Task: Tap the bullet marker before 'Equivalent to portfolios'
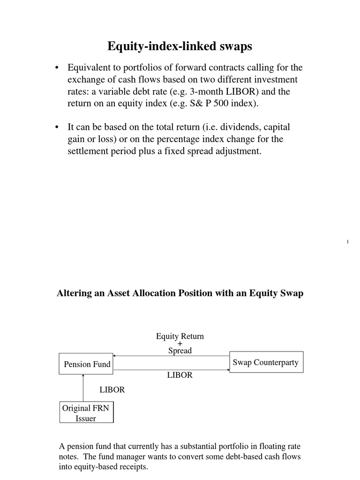click(57, 68)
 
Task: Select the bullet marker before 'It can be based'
click(57, 127)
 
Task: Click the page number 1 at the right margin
click(347, 241)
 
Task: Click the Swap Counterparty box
click(265, 362)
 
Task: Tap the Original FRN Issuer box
click(86, 413)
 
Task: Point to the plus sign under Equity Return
click(180, 344)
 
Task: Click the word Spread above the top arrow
click(180, 351)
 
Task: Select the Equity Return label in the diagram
click(180, 337)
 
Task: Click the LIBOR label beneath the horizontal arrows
click(180, 375)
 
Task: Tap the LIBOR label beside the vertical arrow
click(112, 390)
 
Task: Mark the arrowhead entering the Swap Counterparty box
click(227, 371)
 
